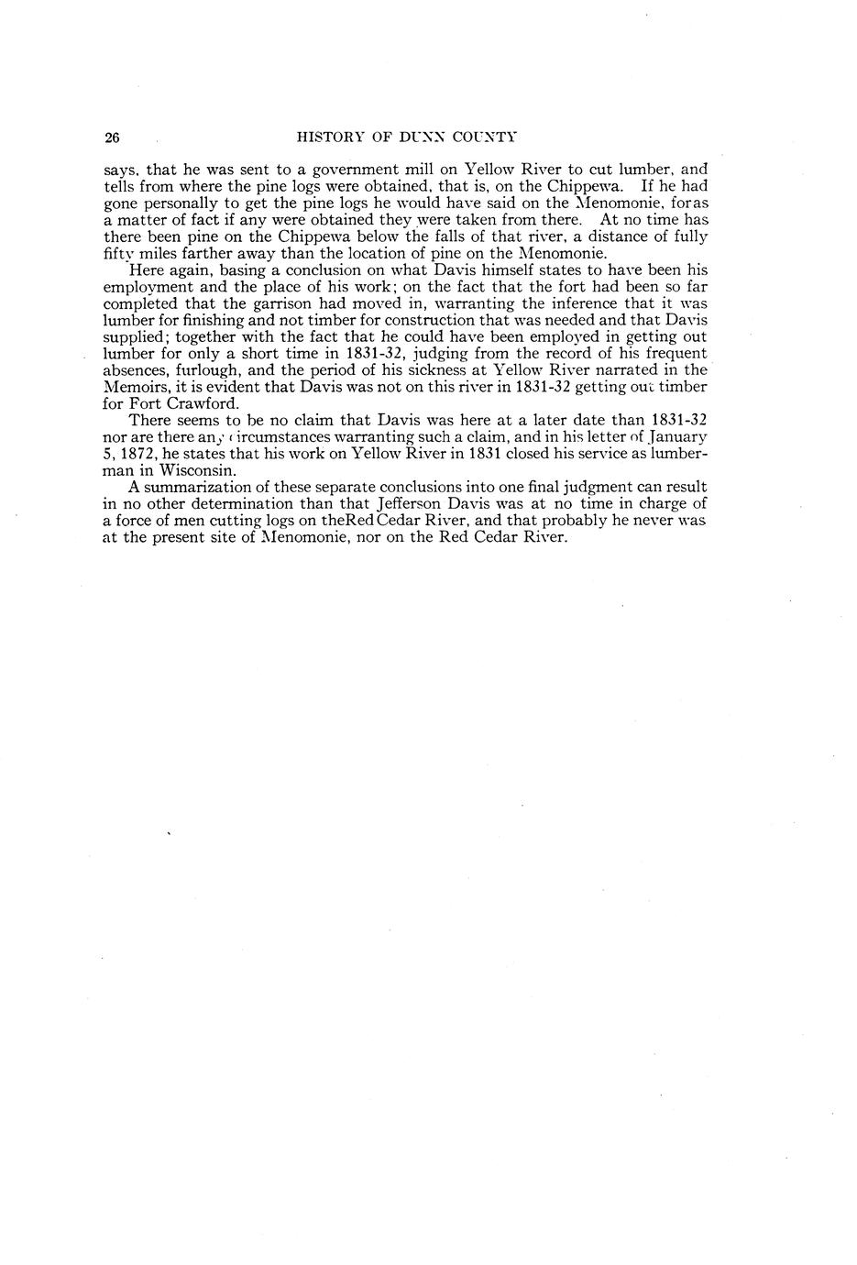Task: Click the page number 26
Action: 112,138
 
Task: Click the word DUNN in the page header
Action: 423,138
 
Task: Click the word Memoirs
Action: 135,387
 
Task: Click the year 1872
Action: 137,454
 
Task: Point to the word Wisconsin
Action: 197,471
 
